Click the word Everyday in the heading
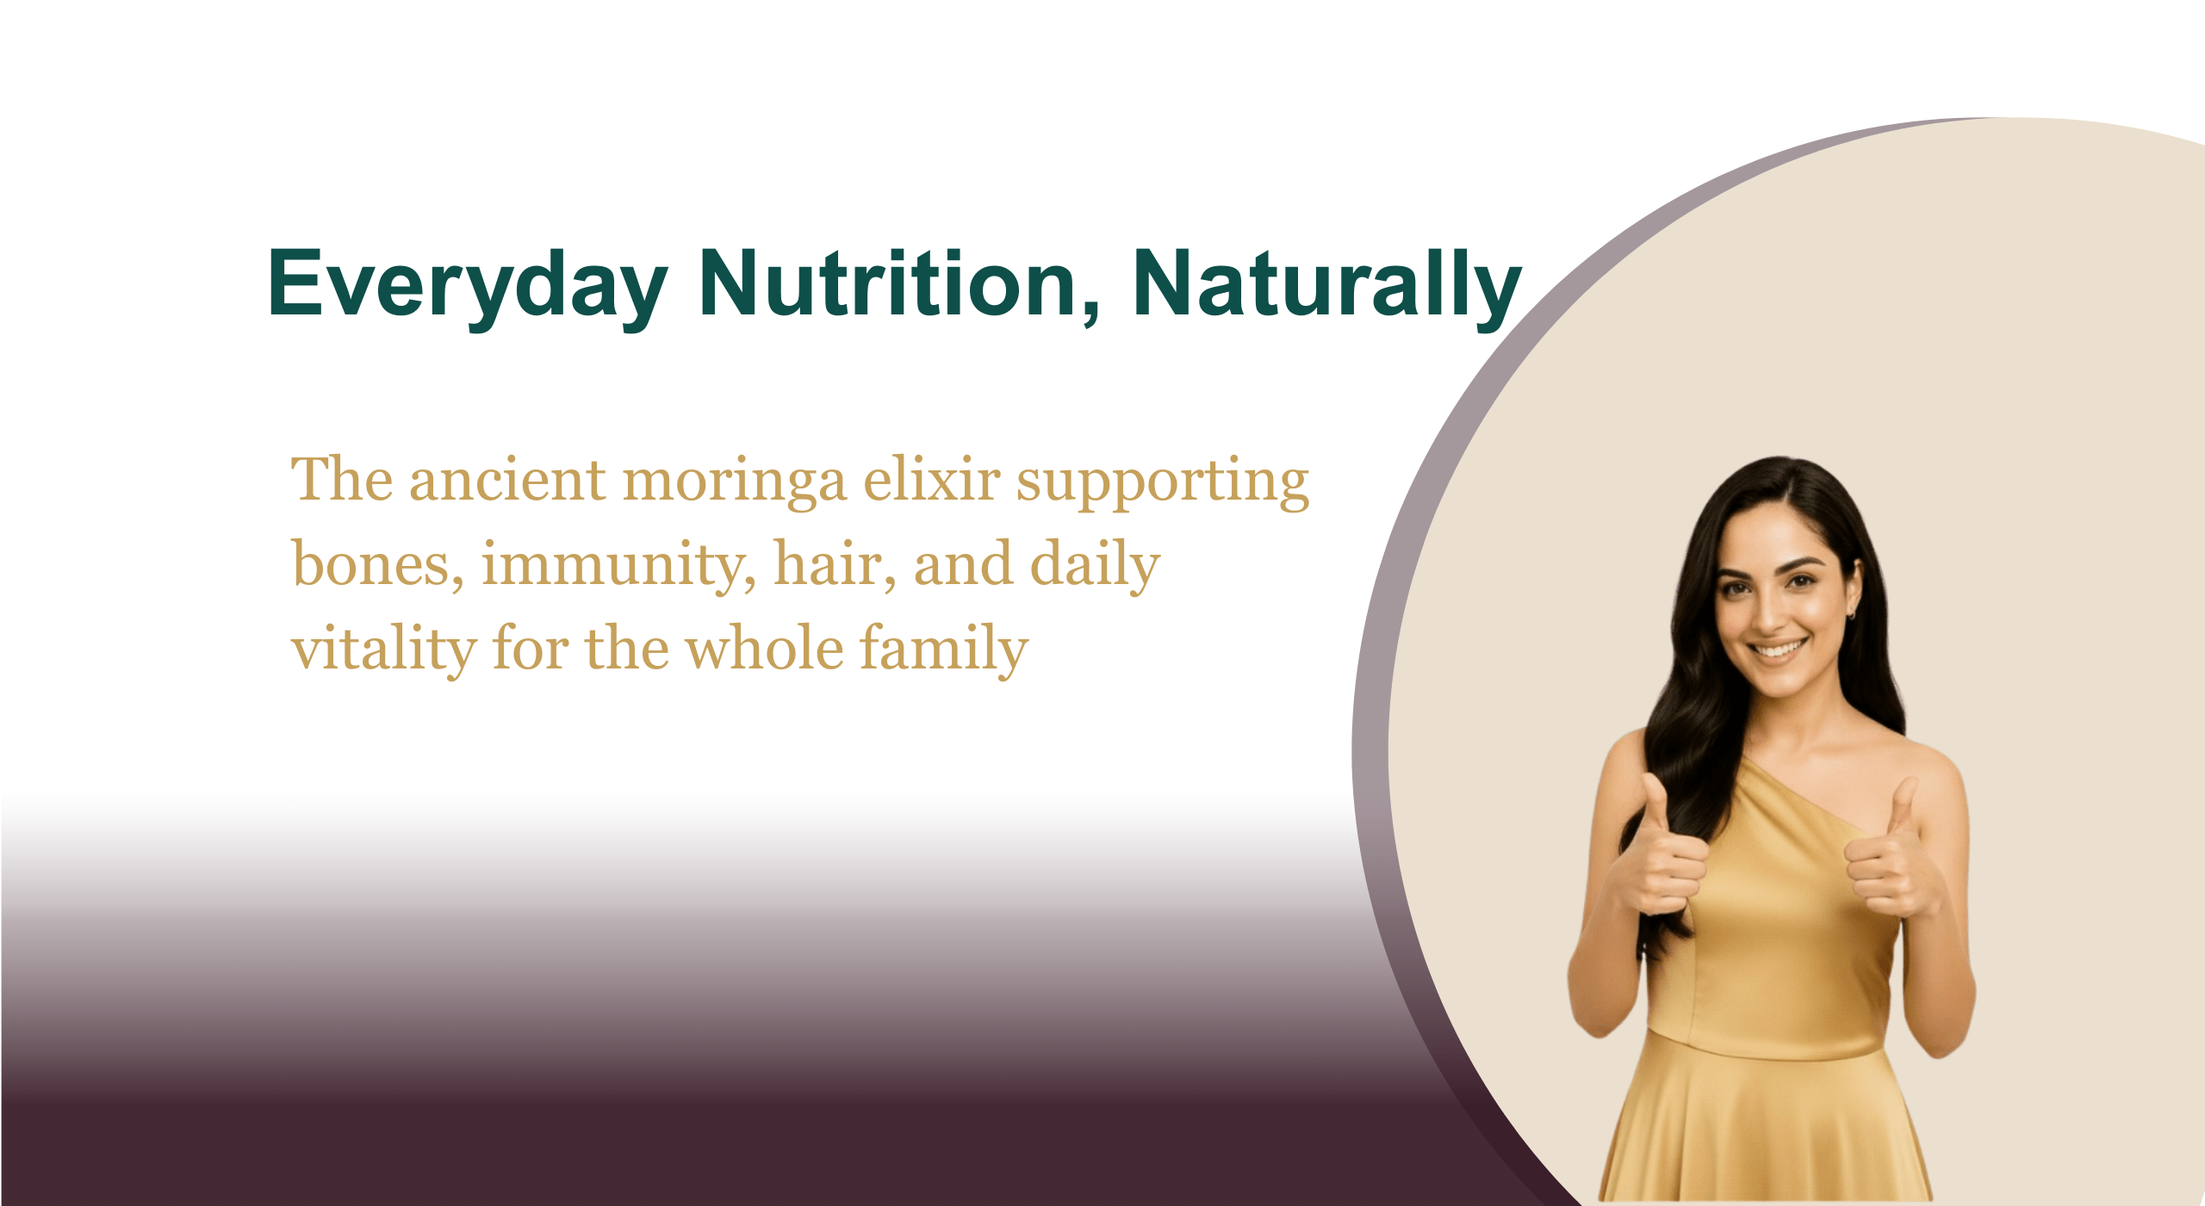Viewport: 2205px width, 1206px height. coord(468,285)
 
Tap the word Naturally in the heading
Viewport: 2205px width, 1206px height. coord(1327,285)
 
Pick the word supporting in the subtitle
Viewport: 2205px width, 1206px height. coord(1163,482)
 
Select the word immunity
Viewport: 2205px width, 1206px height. coord(618,567)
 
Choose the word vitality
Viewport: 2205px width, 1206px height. coord(383,650)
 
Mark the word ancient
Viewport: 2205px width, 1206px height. coord(507,480)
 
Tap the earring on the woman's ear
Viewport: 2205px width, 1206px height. coord(1850,613)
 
